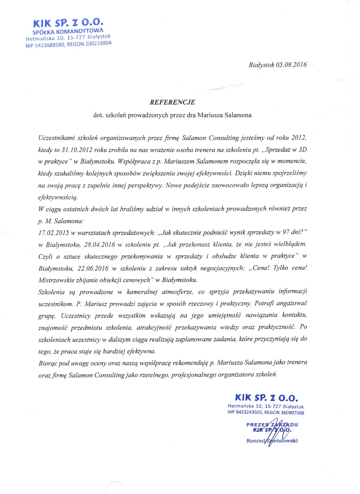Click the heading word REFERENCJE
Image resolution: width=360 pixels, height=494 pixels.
coord(172,102)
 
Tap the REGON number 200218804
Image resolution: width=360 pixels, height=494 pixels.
coord(98,44)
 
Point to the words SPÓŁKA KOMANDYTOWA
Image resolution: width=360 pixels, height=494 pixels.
coord(68,32)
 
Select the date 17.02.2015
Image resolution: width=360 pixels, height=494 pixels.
coord(54,233)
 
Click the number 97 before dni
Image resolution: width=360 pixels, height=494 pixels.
coord(286,232)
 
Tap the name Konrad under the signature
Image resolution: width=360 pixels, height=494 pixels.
coord(256,440)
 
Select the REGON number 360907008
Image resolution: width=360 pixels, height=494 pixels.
coord(292,412)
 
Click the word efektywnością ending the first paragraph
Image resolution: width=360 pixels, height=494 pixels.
coord(58,197)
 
